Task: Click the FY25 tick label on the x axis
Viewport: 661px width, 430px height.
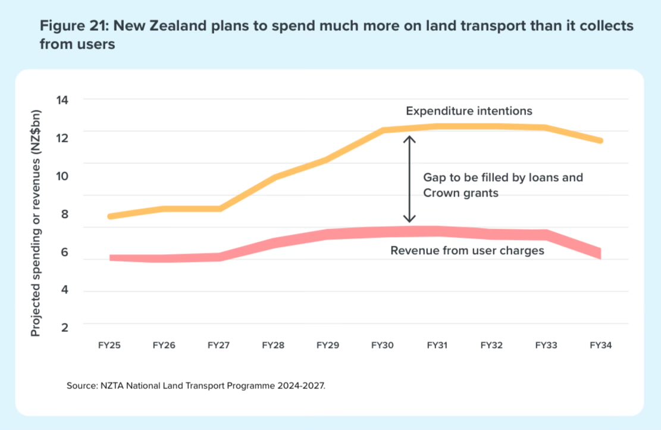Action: point(109,344)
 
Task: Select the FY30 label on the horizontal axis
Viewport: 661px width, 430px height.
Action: point(382,344)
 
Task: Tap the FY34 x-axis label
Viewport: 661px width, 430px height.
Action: point(600,344)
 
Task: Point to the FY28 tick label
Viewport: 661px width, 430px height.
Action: point(273,344)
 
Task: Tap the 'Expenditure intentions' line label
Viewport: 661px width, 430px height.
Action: point(469,111)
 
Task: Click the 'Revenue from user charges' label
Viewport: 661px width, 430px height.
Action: point(467,251)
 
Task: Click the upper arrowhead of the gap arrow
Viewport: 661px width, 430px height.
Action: point(409,139)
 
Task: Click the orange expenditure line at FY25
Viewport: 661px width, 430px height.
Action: point(111,216)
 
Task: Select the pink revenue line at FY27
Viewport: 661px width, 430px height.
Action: point(220,257)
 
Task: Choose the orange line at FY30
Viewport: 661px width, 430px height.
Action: point(383,130)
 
